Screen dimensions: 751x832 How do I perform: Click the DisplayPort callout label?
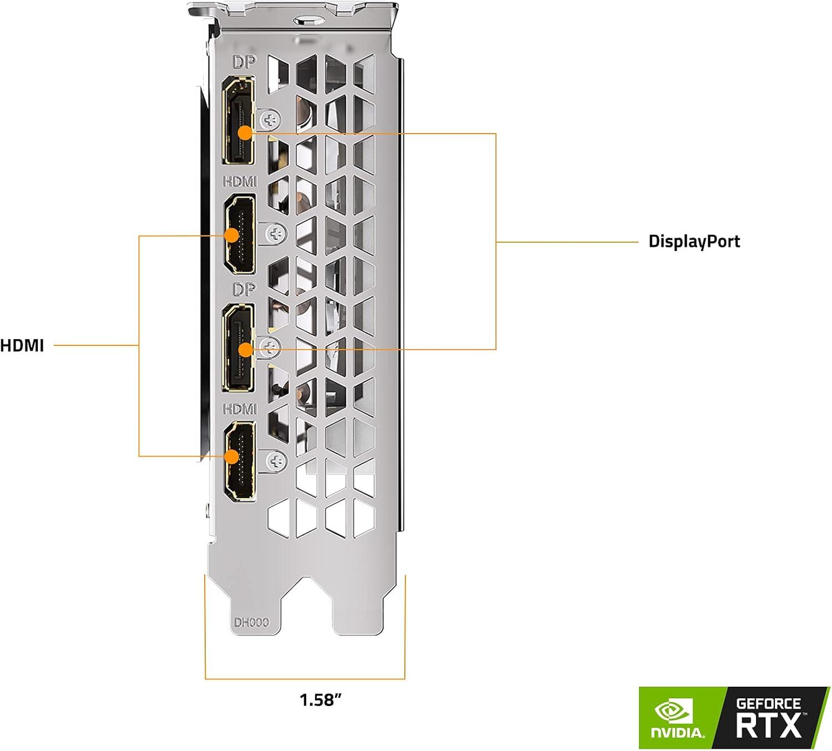tap(694, 242)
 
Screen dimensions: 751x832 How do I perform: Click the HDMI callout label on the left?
tap(22, 345)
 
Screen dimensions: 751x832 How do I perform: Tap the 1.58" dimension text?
tap(321, 699)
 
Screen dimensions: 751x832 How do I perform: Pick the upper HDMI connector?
tap(240, 234)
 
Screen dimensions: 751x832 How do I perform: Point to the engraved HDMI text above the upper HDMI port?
tap(240, 181)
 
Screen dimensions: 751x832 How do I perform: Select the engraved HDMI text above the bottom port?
tap(240, 409)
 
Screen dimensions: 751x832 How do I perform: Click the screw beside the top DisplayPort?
tap(271, 119)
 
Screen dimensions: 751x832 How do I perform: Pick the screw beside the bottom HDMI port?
tap(276, 461)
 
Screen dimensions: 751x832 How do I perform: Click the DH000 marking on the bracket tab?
tap(251, 622)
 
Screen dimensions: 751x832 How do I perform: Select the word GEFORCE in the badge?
tap(768, 704)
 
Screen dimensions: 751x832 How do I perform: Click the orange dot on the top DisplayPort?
tap(245, 133)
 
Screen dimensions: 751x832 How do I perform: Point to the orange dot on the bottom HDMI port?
tap(232, 456)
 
